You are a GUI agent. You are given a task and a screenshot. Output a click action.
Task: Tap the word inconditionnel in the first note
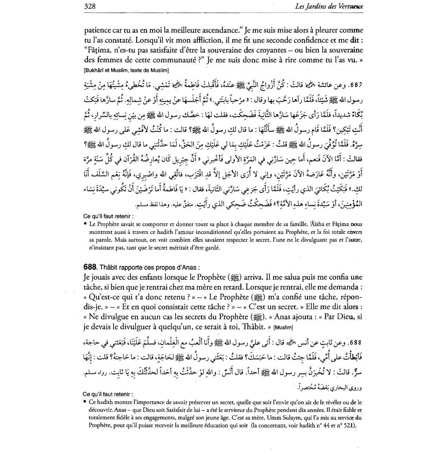207,232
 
